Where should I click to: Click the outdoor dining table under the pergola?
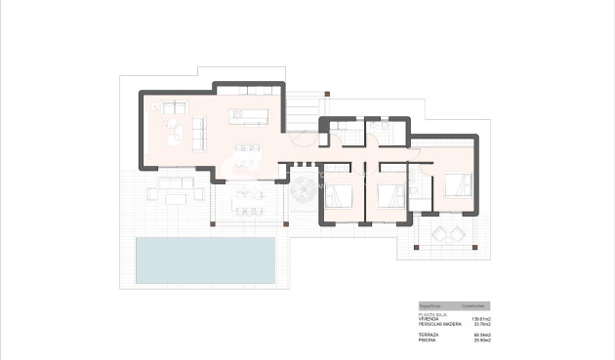247,202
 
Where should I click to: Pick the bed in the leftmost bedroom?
340,192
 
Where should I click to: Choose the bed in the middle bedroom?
393,192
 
